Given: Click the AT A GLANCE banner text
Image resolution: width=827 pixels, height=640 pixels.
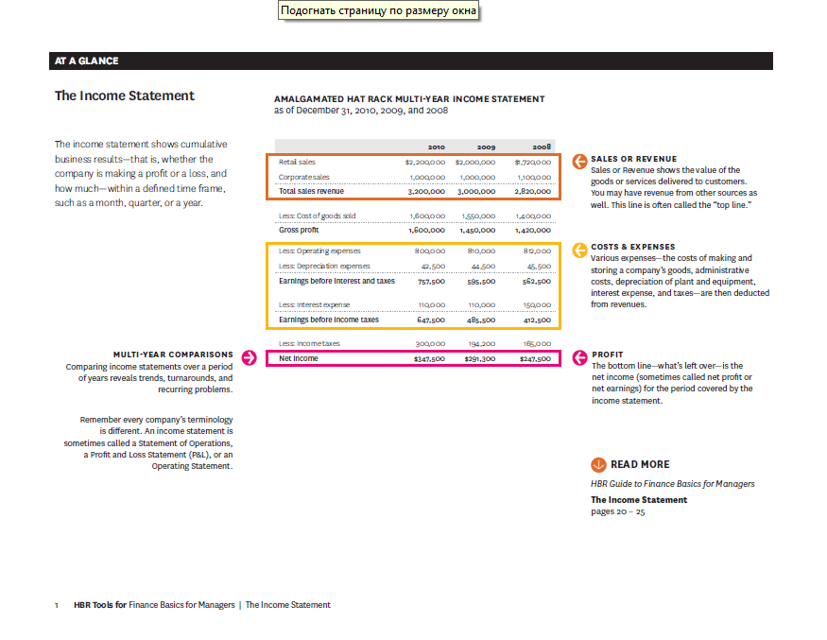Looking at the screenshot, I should click(x=87, y=61).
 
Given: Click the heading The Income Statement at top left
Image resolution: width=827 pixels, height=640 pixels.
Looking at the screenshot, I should click(x=125, y=95).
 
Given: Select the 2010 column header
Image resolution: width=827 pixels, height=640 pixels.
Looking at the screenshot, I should click(x=436, y=147).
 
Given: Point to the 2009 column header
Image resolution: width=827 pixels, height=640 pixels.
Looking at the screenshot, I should click(x=486, y=147).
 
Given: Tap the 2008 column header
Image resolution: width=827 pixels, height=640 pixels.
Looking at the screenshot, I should click(x=542, y=147).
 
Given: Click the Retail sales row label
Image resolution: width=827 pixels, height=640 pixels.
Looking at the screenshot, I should click(x=297, y=163).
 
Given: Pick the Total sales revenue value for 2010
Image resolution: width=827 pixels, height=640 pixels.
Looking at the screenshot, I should click(x=426, y=191).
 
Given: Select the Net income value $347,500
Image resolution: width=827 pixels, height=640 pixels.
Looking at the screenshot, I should click(x=429, y=359).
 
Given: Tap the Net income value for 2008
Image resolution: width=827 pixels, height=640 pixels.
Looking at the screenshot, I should click(x=535, y=359).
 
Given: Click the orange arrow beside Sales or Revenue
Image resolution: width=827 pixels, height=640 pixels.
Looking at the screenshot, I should click(x=579, y=163).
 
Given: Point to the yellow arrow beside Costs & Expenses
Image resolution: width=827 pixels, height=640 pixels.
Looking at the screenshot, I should click(x=579, y=251).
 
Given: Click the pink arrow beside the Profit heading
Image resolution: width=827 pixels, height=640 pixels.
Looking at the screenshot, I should click(x=579, y=358).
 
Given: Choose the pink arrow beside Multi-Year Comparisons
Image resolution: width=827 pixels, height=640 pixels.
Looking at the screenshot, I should click(x=250, y=357).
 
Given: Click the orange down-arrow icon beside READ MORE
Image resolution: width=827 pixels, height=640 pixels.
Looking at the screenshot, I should click(x=598, y=464).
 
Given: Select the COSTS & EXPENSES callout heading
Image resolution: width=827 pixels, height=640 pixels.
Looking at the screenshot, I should click(x=632, y=247).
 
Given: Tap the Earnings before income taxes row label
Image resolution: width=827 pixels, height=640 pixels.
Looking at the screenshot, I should click(x=329, y=320).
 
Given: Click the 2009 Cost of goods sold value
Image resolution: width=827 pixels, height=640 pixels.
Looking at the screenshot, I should click(x=480, y=216).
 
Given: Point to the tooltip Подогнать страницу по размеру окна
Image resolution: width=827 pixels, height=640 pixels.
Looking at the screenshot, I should click(x=378, y=10).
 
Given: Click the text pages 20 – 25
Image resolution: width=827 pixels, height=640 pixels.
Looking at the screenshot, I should click(x=617, y=511).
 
